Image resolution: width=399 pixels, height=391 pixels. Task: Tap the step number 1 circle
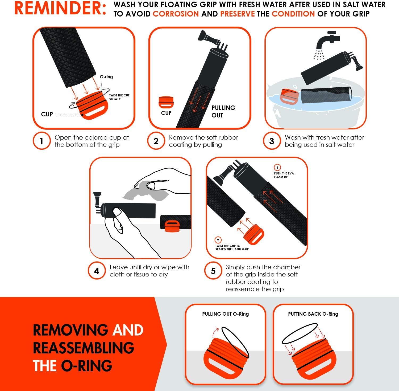click(x=41, y=141)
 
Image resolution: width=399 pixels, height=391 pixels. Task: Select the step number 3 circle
click(x=272, y=141)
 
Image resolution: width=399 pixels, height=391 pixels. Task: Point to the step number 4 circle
click(x=97, y=271)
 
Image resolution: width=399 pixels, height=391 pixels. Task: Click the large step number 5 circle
click(x=213, y=271)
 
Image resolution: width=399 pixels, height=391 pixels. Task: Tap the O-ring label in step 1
click(x=106, y=77)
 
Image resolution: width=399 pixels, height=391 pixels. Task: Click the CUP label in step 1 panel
click(x=47, y=114)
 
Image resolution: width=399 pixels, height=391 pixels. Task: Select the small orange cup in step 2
click(x=166, y=102)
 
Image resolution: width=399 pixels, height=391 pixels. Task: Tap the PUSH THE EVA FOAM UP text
click(x=284, y=175)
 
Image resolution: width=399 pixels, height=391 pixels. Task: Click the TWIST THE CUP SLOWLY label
click(x=119, y=97)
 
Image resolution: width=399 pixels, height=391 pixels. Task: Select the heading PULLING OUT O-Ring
click(x=226, y=314)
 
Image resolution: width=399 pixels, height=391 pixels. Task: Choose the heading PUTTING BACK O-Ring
click(x=313, y=314)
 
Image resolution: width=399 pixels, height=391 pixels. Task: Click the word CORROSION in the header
click(x=176, y=14)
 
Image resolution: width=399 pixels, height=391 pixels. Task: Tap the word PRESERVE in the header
click(x=238, y=14)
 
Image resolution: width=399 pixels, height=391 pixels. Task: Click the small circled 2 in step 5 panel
click(x=218, y=240)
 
